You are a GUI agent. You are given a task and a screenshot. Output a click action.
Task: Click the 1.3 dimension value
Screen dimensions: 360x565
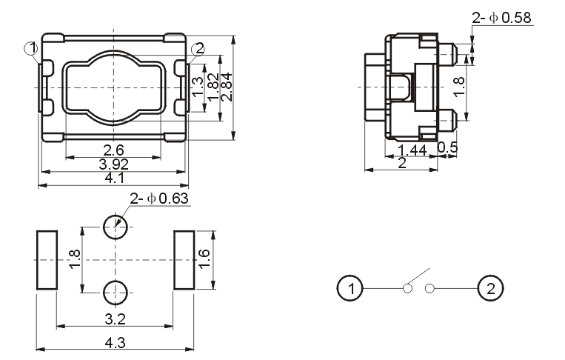197,87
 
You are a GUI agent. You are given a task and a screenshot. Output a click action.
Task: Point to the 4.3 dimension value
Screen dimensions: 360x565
115,343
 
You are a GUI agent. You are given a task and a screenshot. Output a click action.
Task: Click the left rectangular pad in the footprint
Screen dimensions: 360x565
47,260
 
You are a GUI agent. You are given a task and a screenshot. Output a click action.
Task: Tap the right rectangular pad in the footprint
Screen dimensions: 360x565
184,260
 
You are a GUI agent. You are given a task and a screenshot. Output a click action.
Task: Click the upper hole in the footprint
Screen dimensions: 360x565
115,227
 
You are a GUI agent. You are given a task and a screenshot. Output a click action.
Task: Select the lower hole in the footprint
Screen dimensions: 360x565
115,293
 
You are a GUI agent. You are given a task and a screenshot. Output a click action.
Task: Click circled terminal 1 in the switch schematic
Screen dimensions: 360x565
350,287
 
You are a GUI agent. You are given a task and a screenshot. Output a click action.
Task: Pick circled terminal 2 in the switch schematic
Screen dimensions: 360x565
489,287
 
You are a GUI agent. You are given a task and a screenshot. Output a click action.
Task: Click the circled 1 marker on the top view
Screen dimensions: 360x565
31,49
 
